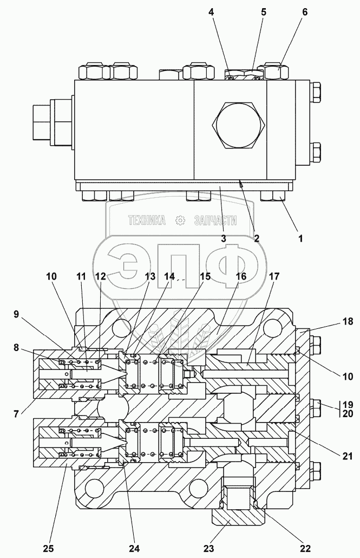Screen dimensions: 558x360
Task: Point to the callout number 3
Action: click(223, 237)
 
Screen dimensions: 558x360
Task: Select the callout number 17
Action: click(274, 276)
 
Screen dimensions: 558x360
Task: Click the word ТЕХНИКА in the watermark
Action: click(146, 220)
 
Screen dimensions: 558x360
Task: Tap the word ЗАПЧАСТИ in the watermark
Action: click(215, 220)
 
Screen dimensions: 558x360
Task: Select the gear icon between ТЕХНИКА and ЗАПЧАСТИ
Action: click(180, 220)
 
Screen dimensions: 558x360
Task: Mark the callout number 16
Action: click(241, 276)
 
